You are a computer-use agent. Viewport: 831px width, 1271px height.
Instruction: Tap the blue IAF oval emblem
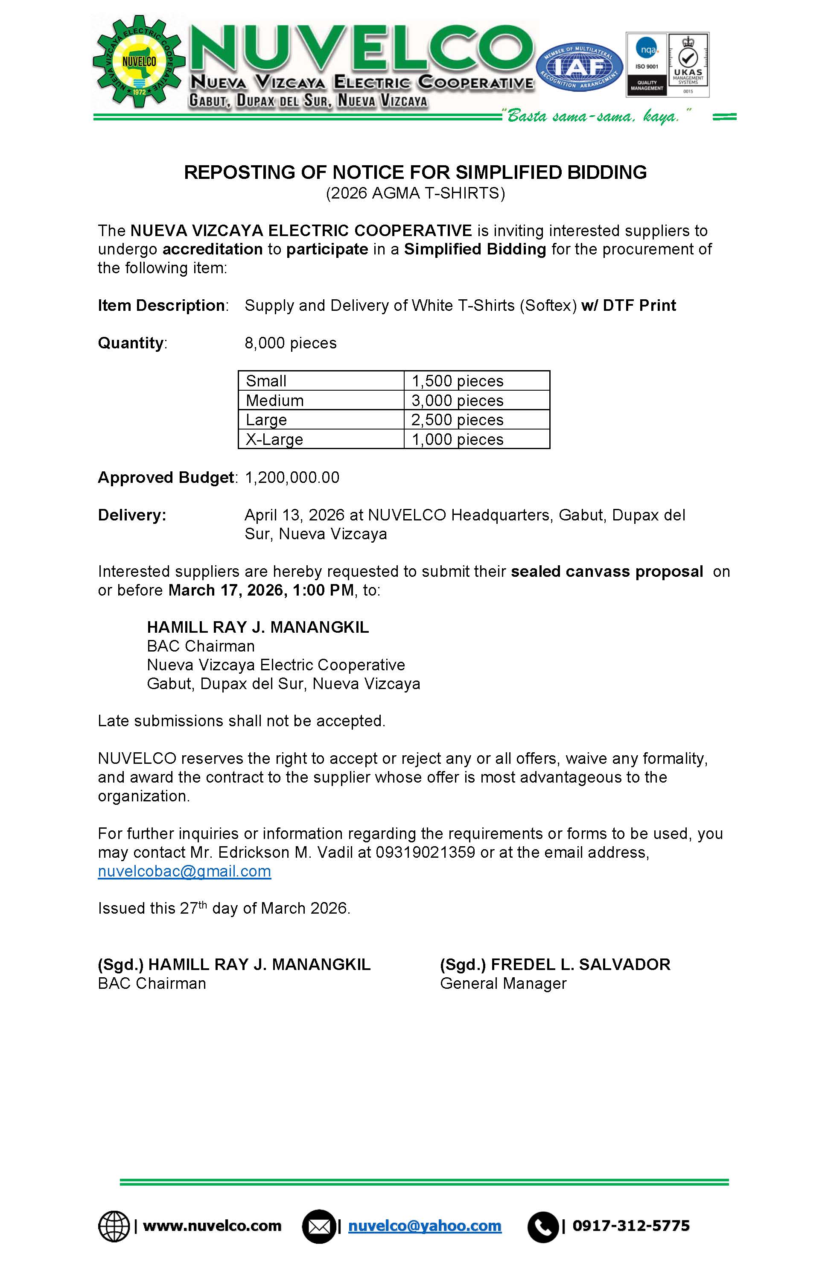point(580,67)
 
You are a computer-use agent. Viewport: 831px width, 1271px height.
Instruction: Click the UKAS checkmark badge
point(688,64)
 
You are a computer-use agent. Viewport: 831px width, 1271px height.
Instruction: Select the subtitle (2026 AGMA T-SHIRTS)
point(415,193)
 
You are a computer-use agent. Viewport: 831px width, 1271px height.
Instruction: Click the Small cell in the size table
point(266,381)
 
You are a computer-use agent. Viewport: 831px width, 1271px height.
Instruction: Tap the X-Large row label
point(274,439)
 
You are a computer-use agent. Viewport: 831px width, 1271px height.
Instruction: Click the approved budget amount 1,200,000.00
point(292,477)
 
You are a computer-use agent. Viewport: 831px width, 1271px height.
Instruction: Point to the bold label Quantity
point(131,342)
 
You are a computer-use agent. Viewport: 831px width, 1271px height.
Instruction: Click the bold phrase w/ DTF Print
point(629,305)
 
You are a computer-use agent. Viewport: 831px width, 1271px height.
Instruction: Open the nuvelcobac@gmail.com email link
point(184,871)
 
